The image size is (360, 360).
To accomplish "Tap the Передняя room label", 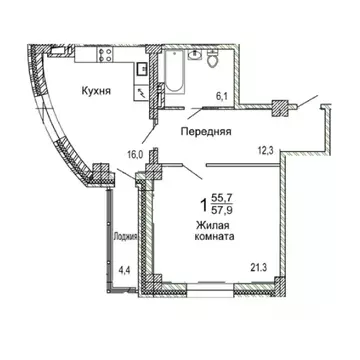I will coord(205,131).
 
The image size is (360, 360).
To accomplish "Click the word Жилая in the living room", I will coord(212,226).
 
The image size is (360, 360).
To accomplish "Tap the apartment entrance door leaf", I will coord(309,104).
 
